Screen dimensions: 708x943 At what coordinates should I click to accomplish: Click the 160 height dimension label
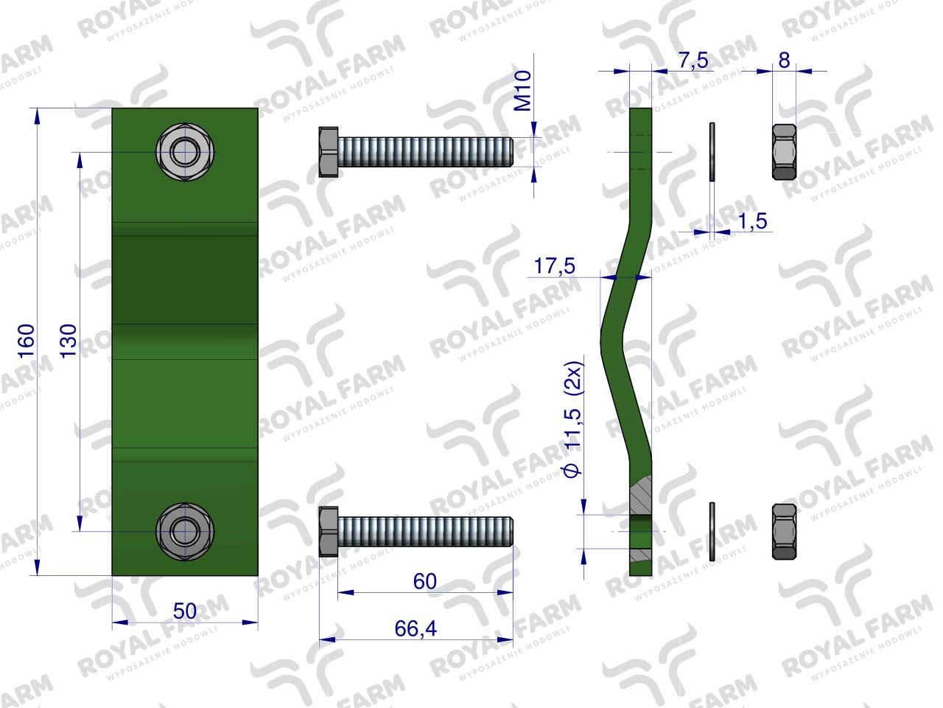pyautogui.click(x=27, y=341)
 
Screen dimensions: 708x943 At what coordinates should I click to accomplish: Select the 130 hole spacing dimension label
pyautogui.click(x=69, y=341)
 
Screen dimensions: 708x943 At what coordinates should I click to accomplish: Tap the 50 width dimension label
pyautogui.click(x=184, y=611)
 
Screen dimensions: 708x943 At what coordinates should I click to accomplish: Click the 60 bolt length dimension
pyautogui.click(x=425, y=581)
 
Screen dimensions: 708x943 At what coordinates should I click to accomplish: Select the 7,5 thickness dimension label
pyautogui.click(x=693, y=60)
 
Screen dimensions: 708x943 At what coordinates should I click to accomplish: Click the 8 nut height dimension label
pyautogui.click(x=784, y=60)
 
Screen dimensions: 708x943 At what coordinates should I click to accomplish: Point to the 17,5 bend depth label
pyautogui.click(x=554, y=266)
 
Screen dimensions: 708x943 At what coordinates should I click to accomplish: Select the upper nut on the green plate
pyautogui.click(x=181, y=153)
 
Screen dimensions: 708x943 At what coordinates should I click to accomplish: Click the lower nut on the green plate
pyautogui.click(x=181, y=530)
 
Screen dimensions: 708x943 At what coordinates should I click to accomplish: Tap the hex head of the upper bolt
pyautogui.click(x=328, y=152)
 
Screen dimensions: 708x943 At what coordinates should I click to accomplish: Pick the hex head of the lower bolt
pyautogui.click(x=328, y=531)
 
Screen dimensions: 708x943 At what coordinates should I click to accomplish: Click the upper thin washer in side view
pyautogui.click(x=712, y=152)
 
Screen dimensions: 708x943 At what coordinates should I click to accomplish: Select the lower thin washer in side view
pyautogui.click(x=712, y=531)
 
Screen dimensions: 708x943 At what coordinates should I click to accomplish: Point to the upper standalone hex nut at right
pyautogui.click(x=784, y=153)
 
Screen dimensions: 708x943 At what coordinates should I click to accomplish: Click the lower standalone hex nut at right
pyautogui.click(x=784, y=531)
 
